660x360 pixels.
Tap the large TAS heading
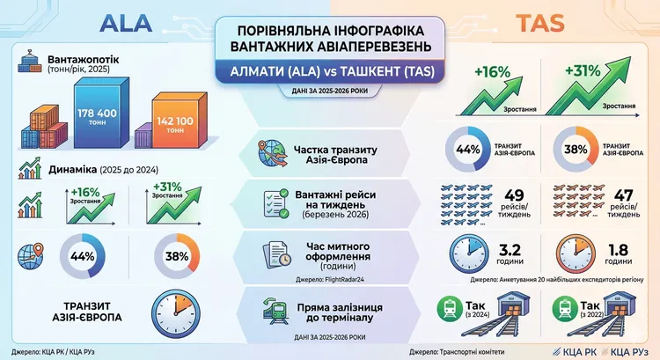click(544, 22)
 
